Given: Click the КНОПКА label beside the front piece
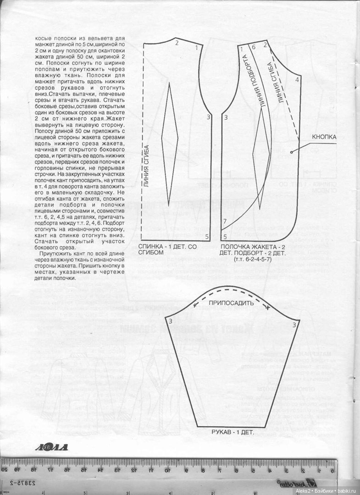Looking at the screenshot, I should [x=325, y=137].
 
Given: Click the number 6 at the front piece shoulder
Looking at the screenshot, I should [x=253, y=47].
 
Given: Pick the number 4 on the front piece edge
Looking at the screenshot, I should [x=297, y=80].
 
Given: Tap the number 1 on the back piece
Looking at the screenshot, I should [x=197, y=47].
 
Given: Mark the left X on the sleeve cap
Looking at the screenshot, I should [x=195, y=304].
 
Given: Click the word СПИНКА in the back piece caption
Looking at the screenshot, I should [x=153, y=247].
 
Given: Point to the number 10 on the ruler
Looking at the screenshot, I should [x=168, y=469].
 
